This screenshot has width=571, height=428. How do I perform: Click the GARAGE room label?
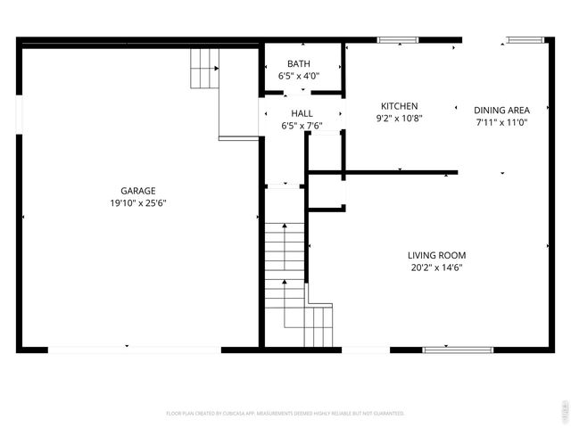click(x=138, y=190)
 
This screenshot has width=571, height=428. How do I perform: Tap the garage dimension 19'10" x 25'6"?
click(x=138, y=202)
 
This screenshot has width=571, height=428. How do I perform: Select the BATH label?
click(x=299, y=63)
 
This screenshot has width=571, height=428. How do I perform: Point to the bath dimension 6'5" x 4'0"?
click(x=299, y=77)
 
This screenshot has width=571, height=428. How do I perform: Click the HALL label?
click(x=302, y=113)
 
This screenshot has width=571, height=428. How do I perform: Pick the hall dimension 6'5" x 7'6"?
click(x=302, y=126)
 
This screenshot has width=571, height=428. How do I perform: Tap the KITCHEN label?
click(x=399, y=105)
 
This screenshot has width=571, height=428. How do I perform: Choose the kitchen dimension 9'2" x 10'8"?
click(x=399, y=118)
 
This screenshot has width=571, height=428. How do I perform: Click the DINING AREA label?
click(x=501, y=110)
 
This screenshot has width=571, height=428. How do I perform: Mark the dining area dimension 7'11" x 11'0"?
click(x=501, y=122)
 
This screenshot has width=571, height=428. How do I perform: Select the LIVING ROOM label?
click(x=437, y=255)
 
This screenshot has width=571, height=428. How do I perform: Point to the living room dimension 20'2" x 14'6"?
click(x=437, y=267)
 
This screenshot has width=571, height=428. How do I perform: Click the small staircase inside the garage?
click(x=204, y=68)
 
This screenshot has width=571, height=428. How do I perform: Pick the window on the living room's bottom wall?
click(x=445, y=350)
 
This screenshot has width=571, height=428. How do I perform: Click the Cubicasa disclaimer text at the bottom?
click(x=285, y=413)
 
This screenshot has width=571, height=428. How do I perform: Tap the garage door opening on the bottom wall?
click(x=134, y=350)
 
